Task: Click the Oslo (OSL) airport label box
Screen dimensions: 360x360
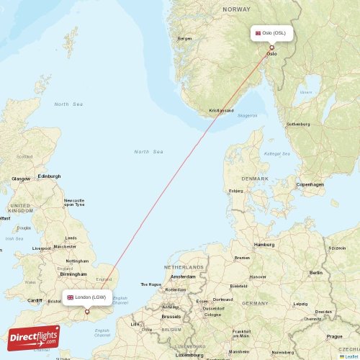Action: point(272,33)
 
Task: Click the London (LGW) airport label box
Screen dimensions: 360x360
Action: point(86,297)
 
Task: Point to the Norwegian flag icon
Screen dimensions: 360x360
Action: point(258,33)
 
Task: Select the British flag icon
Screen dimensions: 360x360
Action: point(71,297)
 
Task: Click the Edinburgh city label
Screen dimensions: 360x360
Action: point(49,176)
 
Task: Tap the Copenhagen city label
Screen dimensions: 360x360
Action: point(310,184)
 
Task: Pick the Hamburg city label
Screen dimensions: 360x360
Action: point(264,244)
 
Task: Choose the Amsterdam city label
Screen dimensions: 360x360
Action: point(183,276)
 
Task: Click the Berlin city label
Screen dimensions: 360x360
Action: point(315,273)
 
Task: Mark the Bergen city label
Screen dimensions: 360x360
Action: point(185,38)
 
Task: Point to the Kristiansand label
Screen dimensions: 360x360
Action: point(222,110)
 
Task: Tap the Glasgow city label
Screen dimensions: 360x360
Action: point(21,178)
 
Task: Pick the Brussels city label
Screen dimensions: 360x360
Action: point(171,316)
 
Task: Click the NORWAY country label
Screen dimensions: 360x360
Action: point(236,9)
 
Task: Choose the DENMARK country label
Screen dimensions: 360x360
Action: point(255,179)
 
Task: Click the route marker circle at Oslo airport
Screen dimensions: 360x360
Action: point(271,48)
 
